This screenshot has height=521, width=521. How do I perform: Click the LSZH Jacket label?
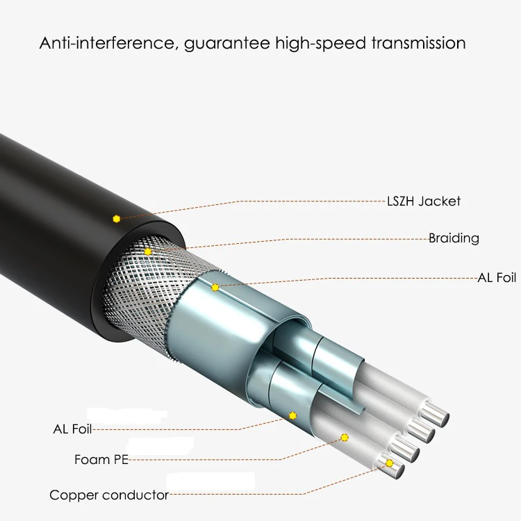(x=423, y=201)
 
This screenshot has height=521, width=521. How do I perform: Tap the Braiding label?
(x=454, y=238)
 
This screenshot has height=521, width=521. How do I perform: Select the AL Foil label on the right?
(x=497, y=278)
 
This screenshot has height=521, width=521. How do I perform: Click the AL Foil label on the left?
(x=72, y=429)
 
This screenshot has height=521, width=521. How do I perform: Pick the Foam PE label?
(x=101, y=460)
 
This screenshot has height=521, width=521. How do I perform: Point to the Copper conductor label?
(x=109, y=495)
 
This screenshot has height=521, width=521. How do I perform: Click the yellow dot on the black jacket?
(x=117, y=219)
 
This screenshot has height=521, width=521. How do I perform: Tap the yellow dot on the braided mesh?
(x=148, y=251)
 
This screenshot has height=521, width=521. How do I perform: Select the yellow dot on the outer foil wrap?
(x=215, y=287)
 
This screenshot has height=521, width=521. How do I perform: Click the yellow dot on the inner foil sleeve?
(x=292, y=415)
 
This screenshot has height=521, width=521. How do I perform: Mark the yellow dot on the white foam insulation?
(x=344, y=437)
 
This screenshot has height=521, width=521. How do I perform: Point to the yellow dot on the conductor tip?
(x=389, y=463)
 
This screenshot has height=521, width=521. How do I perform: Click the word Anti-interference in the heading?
(x=108, y=43)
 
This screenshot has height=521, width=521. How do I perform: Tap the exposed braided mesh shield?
(x=139, y=285)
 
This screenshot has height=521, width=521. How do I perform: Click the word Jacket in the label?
(x=440, y=201)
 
